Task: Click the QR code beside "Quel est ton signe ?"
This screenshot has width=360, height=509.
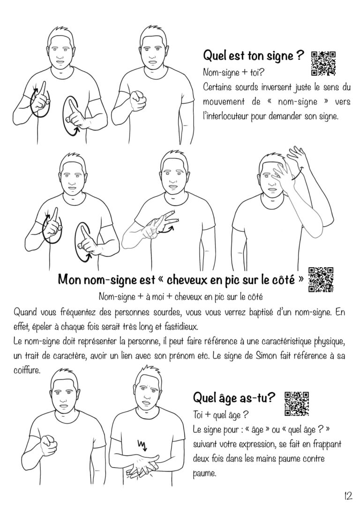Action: [323, 64]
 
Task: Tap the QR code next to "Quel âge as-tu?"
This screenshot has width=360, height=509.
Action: [296, 404]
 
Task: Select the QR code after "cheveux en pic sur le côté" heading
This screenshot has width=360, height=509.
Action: [321, 279]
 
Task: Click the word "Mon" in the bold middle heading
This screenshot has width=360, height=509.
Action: [69, 279]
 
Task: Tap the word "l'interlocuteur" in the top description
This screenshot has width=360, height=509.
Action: [226, 116]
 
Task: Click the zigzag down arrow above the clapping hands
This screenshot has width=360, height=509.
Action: [143, 444]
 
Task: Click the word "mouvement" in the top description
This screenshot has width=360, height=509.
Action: [224, 102]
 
